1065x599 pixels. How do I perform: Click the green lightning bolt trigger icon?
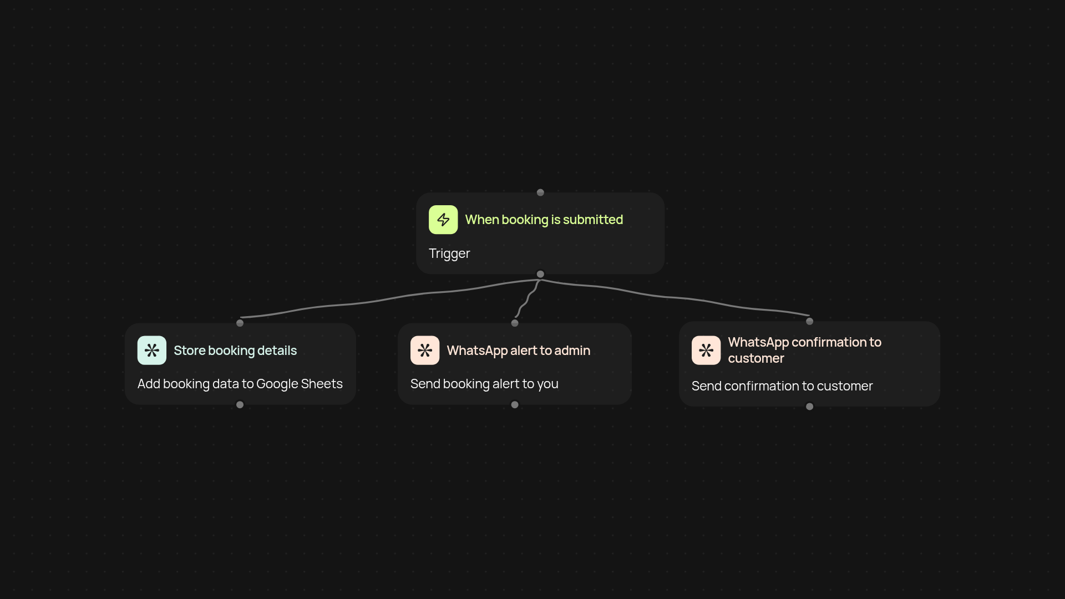pyautogui.click(x=443, y=220)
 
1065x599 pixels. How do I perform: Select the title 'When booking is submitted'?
pyautogui.click(x=544, y=220)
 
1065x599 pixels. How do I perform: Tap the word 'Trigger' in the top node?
pyautogui.click(x=449, y=253)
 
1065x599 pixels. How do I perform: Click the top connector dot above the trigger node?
pyautogui.click(x=540, y=192)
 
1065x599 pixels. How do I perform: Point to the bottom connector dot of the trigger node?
pyautogui.click(x=540, y=274)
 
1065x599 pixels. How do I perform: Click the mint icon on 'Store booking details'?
pyautogui.click(x=152, y=351)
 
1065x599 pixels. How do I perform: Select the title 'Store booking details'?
pyautogui.click(x=235, y=351)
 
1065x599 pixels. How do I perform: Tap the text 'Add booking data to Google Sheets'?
pyautogui.click(x=240, y=384)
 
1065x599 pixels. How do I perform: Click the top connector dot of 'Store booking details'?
pyautogui.click(x=240, y=323)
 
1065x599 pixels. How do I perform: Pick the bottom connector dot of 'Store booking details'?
pyautogui.click(x=240, y=405)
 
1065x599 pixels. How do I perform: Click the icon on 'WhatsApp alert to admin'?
pyautogui.click(x=425, y=351)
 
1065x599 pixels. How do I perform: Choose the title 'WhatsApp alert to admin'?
pyautogui.click(x=518, y=351)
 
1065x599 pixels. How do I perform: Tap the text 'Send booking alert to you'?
pyautogui.click(x=484, y=384)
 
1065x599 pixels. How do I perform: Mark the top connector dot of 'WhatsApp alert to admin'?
pyautogui.click(x=515, y=323)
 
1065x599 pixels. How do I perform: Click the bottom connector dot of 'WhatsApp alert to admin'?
pyautogui.click(x=515, y=405)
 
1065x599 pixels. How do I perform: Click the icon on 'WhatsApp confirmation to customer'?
pyautogui.click(x=706, y=351)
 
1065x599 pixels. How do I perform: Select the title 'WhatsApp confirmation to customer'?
pyautogui.click(x=804, y=350)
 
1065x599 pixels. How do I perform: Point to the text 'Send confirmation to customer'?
pyautogui.click(x=782, y=386)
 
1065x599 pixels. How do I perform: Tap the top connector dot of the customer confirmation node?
pyautogui.click(x=809, y=321)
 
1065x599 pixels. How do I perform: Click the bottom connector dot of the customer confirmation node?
pyautogui.click(x=809, y=407)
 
